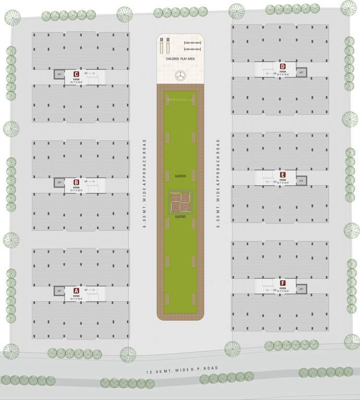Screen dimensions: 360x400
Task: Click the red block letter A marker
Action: [76, 290]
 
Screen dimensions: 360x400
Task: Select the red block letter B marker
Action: [76, 182]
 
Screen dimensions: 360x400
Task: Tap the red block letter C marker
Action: [76, 74]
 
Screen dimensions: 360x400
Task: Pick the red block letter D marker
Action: [282, 66]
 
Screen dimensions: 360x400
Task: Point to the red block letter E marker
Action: [282, 174]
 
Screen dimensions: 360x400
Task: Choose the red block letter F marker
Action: [282, 282]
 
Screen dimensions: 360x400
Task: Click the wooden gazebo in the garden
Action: [181, 202]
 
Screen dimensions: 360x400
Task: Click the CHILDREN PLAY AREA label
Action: [180, 60]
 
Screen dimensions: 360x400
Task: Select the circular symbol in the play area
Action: [181, 75]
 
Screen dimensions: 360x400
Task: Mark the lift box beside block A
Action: [59, 291]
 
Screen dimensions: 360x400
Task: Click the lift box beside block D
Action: [301, 73]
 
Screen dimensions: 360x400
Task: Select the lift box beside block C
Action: [59, 75]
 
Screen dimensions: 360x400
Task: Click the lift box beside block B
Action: [59, 183]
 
